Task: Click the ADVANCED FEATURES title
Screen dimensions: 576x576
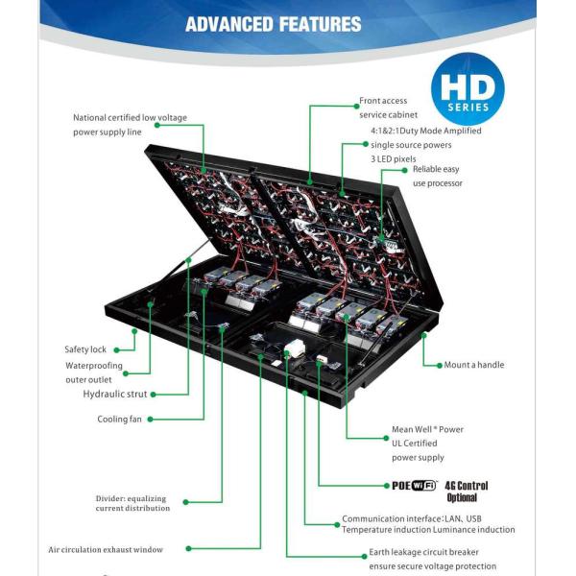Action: pos(274,24)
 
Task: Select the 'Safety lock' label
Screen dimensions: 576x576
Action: pos(85,349)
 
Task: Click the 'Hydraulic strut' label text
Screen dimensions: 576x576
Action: pos(115,394)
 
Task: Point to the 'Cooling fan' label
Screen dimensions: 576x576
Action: pos(119,419)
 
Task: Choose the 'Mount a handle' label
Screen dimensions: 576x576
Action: pos(473,365)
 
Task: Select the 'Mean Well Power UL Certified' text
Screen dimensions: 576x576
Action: pos(427,436)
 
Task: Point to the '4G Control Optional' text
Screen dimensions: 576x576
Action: pos(467,492)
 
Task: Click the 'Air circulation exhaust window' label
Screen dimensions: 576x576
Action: pos(106,549)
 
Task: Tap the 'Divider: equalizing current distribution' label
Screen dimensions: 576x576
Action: pos(132,503)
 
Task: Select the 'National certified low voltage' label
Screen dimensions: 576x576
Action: pos(130,118)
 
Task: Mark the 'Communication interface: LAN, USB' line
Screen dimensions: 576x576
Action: pos(412,518)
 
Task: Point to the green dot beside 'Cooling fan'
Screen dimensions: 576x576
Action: pos(150,419)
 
